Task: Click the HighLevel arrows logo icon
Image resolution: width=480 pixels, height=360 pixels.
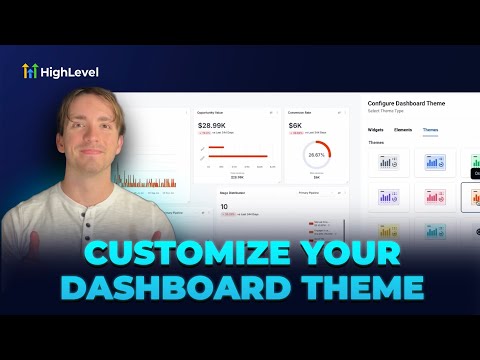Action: click(x=31, y=71)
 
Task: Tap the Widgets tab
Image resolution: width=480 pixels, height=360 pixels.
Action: click(x=375, y=129)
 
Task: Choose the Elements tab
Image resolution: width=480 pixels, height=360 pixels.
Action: click(x=402, y=129)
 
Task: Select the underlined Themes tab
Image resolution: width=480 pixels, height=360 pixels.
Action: click(x=430, y=129)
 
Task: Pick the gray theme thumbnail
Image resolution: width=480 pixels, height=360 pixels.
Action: click(x=389, y=162)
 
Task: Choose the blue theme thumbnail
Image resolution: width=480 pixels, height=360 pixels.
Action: click(x=435, y=162)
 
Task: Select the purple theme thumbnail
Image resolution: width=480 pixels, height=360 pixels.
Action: click(x=389, y=197)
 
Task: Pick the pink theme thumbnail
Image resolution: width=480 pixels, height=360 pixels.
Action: click(x=435, y=197)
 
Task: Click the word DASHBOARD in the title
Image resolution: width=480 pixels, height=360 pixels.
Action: click(x=166, y=288)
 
